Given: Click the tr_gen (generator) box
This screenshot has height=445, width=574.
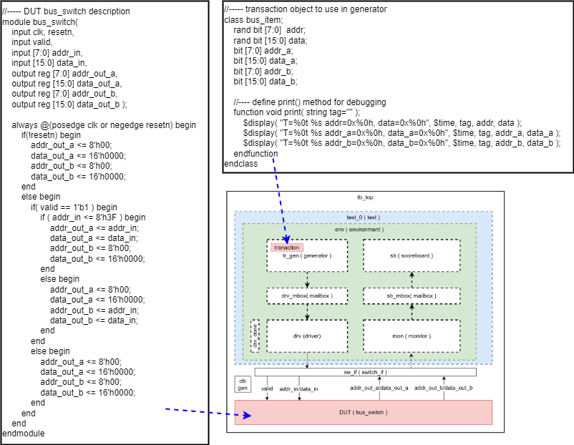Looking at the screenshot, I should [307, 256].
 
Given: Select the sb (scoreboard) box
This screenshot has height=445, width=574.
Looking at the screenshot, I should [412, 255].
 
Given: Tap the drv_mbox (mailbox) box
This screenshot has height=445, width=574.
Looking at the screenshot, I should [307, 295].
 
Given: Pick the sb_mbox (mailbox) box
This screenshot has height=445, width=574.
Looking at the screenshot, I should [412, 295].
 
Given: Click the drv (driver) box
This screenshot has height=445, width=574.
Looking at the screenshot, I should [307, 336].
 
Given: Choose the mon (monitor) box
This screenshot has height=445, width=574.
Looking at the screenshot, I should [412, 336].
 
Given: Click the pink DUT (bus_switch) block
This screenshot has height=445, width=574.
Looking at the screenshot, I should [364, 413].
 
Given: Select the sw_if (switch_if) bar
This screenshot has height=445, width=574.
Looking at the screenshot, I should [365, 372].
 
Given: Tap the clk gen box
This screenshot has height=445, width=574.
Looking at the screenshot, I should [243, 384].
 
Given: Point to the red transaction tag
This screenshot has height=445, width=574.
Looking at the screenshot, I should [286, 248].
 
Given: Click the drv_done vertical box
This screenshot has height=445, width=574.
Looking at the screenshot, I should [256, 336].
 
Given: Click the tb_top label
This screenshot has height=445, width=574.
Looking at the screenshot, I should [365, 197].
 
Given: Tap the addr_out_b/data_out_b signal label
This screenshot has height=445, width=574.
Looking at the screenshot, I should [450, 388].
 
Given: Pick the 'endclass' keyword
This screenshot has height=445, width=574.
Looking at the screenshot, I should [240, 164].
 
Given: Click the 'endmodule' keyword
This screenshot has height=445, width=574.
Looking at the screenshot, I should [24, 434].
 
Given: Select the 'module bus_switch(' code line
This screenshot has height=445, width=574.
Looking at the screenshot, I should [41, 22].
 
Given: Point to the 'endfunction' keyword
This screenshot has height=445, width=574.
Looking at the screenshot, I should [256, 154].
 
